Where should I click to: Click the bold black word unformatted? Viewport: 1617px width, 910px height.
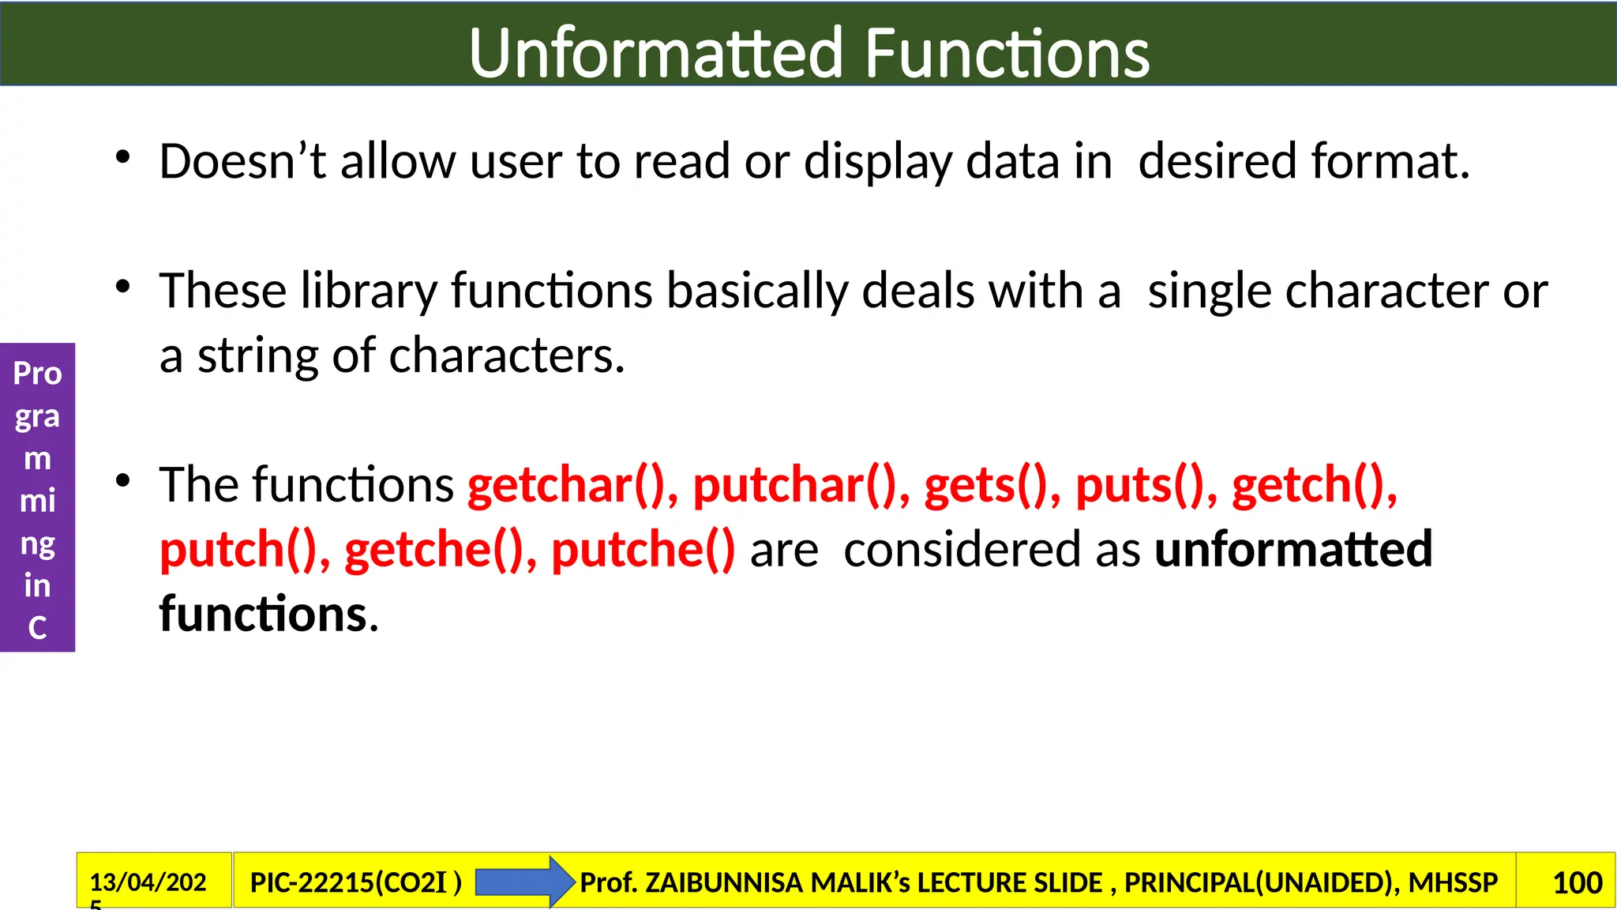pyautogui.click(x=1292, y=550)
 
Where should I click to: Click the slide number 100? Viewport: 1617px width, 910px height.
pyautogui.click(x=1577, y=882)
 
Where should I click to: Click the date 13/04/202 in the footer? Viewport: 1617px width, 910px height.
pyautogui.click(x=148, y=882)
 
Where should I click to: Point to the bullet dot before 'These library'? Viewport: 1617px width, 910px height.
pyautogui.click(x=122, y=287)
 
